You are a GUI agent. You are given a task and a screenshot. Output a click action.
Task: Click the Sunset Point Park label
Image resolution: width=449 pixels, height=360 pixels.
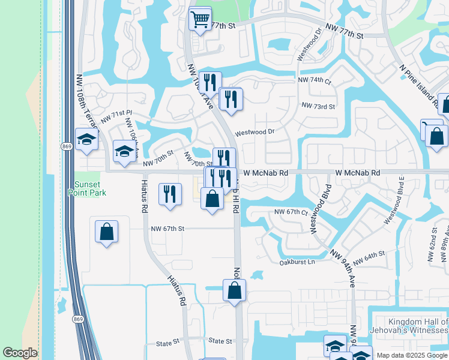90,188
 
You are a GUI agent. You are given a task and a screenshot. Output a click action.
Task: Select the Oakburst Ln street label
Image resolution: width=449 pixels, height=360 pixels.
297,262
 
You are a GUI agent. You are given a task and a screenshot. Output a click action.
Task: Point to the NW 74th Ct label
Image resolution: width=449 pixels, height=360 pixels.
315,80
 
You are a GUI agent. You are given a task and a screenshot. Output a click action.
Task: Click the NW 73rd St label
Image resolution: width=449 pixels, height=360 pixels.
318,106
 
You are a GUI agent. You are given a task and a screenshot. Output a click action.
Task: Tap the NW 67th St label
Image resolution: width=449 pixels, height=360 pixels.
167,229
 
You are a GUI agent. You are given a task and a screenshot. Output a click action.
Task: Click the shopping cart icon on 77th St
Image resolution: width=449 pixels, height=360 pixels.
200,18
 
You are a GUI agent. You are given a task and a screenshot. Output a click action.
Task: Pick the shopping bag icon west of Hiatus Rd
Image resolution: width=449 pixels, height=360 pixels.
106,232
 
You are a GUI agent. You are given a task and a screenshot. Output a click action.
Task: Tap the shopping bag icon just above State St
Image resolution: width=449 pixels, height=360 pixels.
234,290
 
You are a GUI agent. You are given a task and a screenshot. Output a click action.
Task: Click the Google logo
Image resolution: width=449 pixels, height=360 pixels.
20,353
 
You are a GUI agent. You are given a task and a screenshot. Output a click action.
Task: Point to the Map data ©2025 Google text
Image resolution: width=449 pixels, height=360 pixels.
412,355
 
